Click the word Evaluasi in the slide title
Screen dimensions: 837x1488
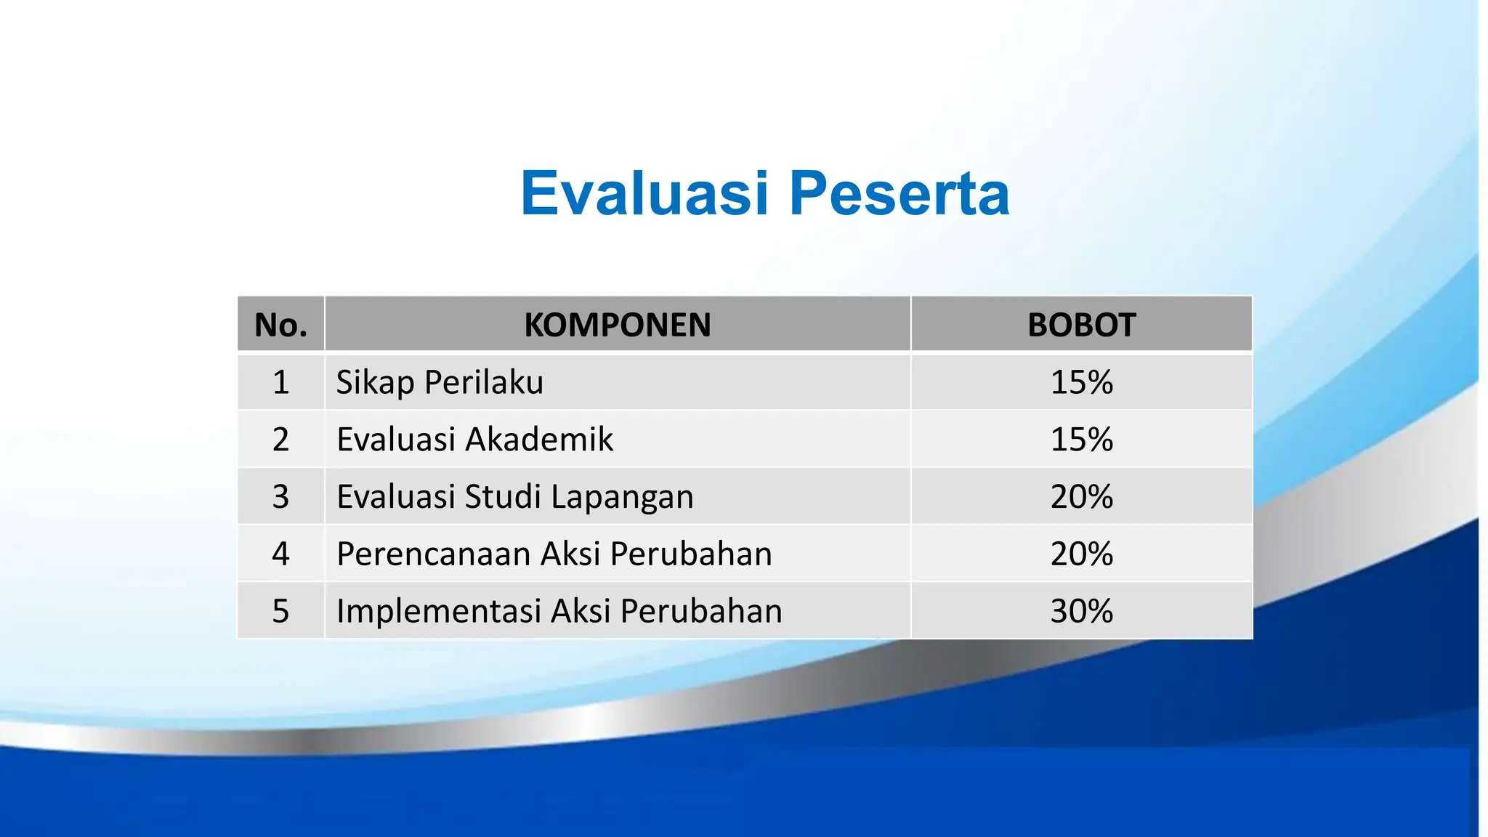coord(644,193)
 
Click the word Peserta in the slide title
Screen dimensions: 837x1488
coord(899,193)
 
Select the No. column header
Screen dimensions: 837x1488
coord(280,325)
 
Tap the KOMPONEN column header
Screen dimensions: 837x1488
coord(618,325)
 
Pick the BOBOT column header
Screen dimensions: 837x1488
coord(1081,325)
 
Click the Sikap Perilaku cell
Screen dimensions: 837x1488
coord(440,382)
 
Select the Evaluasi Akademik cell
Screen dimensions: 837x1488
coord(474,440)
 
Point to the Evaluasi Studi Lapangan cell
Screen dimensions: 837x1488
coord(514,497)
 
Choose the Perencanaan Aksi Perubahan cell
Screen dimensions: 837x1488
coord(554,554)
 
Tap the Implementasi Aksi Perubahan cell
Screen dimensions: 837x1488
coord(559,611)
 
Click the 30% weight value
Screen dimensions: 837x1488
coord(1081,611)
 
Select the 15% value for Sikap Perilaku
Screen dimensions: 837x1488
coord(1081,382)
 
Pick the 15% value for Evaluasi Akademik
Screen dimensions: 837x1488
coord(1081,440)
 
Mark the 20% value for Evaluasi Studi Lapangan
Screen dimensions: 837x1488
coord(1081,497)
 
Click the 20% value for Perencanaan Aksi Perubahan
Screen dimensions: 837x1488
coord(1081,554)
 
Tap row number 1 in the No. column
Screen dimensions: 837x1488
coord(280,382)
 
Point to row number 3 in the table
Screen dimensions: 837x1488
coord(280,497)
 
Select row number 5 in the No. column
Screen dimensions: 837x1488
coord(280,611)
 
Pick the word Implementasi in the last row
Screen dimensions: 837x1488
coord(439,611)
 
